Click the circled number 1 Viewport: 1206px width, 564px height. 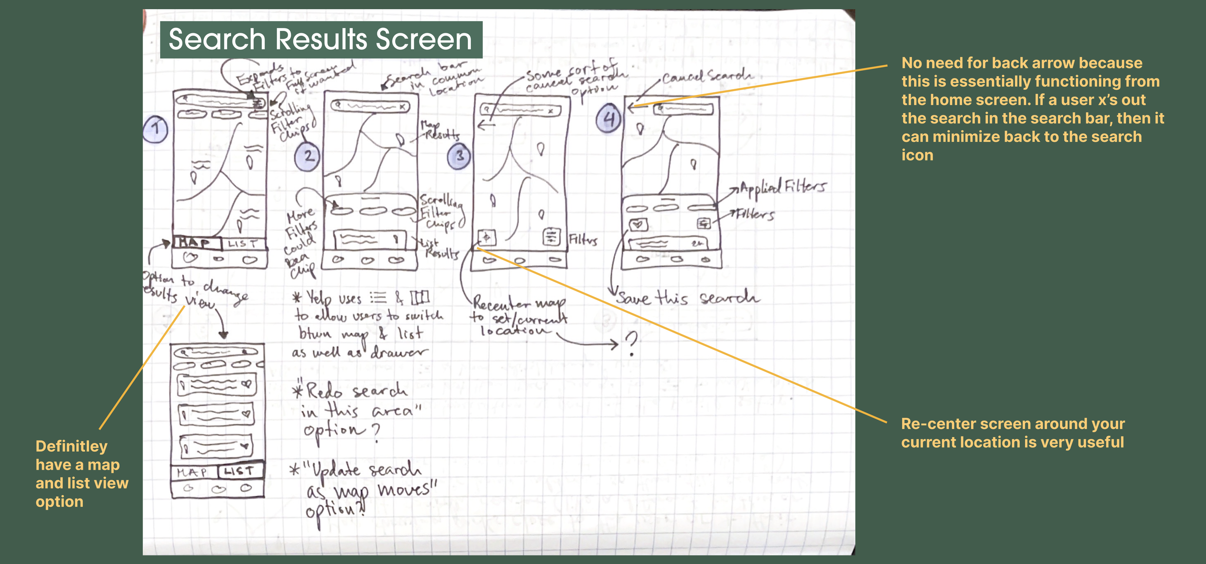click(155, 129)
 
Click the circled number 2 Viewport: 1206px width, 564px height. click(307, 156)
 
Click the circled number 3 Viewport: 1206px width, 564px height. click(459, 156)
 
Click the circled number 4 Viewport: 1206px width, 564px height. click(608, 119)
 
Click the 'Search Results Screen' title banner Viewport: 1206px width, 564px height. click(321, 40)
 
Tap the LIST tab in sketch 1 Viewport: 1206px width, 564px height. click(243, 244)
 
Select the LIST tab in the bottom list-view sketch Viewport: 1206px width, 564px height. click(239, 471)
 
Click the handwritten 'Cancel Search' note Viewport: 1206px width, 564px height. click(706, 76)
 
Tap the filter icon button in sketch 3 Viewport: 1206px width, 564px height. click(551, 237)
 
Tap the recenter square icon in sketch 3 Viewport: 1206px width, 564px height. click(487, 237)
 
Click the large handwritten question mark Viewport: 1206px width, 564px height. click(631, 343)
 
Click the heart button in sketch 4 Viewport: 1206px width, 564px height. click(638, 224)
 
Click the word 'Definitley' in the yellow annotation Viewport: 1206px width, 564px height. click(71, 446)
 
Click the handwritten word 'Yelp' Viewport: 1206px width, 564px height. click(319, 299)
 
